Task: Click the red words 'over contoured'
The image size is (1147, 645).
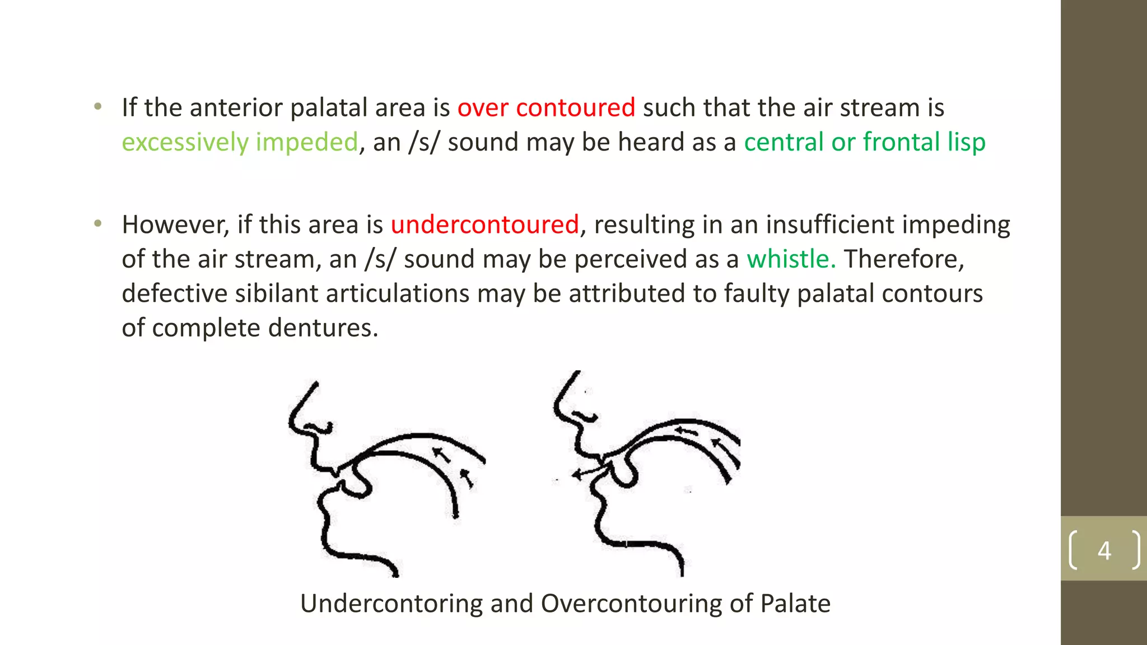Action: coord(546,107)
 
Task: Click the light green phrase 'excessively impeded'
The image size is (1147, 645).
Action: coord(240,142)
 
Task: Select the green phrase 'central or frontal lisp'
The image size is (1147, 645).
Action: coord(864,142)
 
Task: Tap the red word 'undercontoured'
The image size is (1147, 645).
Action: coord(484,225)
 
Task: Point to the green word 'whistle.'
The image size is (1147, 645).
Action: coord(791,259)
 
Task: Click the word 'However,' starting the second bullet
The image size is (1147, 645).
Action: coord(176,225)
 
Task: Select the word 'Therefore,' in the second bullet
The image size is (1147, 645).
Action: coord(904,259)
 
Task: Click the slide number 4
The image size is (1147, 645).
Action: coord(1104,550)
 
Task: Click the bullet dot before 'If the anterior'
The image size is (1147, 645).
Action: coord(99,106)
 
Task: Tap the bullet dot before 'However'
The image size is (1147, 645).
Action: coord(99,224)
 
